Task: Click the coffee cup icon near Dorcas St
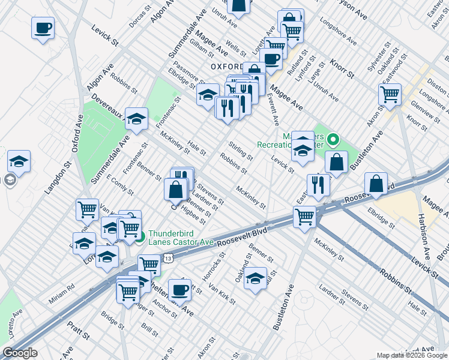tap(43, 28)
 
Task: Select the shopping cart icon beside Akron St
tap(390, 94)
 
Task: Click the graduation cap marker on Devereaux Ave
tap(137, 118)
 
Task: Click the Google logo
tap(20, 353)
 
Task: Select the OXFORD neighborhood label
tap(226, 66)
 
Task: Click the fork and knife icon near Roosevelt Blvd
tap(318, 184)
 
